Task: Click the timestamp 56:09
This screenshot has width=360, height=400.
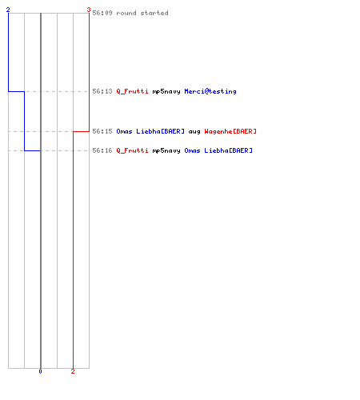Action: pyautogui.click(x=102, y=13)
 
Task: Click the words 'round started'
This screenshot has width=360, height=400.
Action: pyautogui.click(x=142, y=13)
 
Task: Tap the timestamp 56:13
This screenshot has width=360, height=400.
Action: pyautogui.click(x=102, y=91)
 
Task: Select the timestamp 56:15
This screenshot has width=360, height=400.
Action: pyautogui.click(x=102, y=131)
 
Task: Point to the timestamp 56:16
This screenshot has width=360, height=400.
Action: pyautogui.click(x=102, y=150)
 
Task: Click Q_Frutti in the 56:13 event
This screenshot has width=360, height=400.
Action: pyautogui.click(x=132, y=91)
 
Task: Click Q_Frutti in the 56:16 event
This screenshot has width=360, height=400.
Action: pyautogui.click(x=132, y=150)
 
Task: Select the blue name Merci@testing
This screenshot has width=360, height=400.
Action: pyautogui.click(x=210, y=91)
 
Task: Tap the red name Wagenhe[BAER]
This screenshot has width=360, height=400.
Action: pyautogui.click(x=230, y=131)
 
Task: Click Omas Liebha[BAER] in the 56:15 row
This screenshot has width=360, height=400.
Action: pyautogui.click(x=150, y=131)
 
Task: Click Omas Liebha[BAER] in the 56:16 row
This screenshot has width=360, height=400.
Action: pyautogui.click(x=218, y=150)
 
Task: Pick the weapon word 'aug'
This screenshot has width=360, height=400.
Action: pyautogui.click(x=194, y=132)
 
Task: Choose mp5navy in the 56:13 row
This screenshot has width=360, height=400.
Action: pyautogui.click(x=166, y=92)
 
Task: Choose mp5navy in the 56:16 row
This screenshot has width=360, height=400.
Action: pyautogui.click(x=166, y=151)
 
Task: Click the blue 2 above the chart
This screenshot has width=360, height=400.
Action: pyautogui.click(x=8, y=10)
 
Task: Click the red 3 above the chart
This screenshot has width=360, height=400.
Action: pyautogui.click(x=89, y=10)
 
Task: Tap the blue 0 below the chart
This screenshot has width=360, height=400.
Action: pyautogui.click(x=40, y=371)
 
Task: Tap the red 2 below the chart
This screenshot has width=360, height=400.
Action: pyautogui.click(x=73, y=371)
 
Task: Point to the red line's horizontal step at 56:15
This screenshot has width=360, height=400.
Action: pyautogui.click(x=81, y=131)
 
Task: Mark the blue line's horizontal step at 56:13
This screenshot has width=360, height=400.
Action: pyautogui.click(x=17, y=91)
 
